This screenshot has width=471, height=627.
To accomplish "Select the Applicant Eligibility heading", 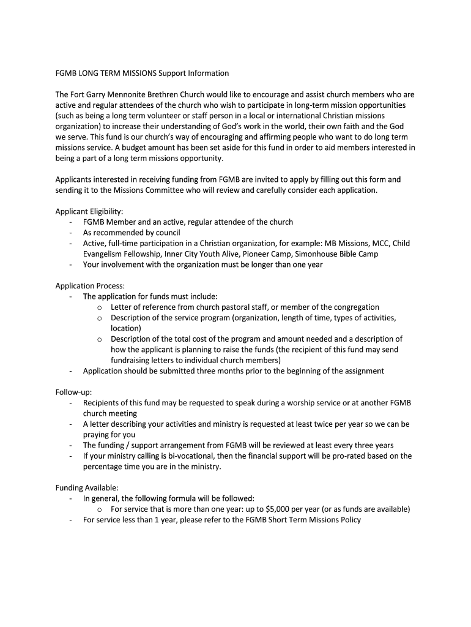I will (89, 211).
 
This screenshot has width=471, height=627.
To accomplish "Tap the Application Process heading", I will (90, 286).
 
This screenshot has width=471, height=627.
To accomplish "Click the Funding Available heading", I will (87, 488).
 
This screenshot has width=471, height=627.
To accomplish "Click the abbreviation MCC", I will (380, 243).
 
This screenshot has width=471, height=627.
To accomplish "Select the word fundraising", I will (132, 361).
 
